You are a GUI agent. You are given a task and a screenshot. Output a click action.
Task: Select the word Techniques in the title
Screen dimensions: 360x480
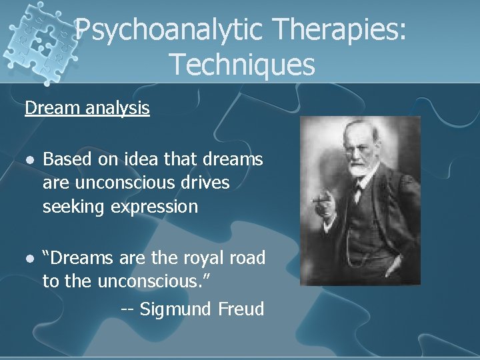point(241,65)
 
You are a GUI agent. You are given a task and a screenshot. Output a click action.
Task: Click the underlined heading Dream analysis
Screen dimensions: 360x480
point(87,108)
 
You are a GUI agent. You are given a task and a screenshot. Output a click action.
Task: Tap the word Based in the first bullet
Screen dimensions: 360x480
point(65,159)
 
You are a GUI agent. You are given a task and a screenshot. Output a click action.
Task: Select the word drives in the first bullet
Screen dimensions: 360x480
point(204,183)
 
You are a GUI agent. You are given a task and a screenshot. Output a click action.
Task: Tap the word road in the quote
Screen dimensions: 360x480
point(247,258)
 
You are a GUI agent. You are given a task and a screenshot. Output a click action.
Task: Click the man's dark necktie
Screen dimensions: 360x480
point(361,193)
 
